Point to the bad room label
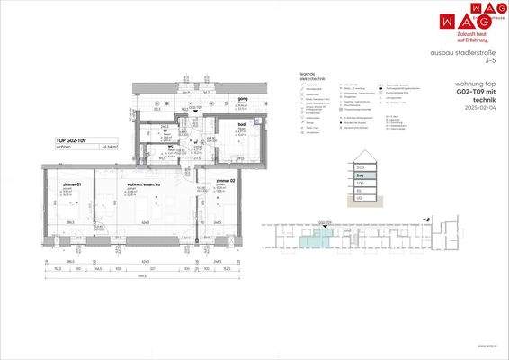pos(242,124)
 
